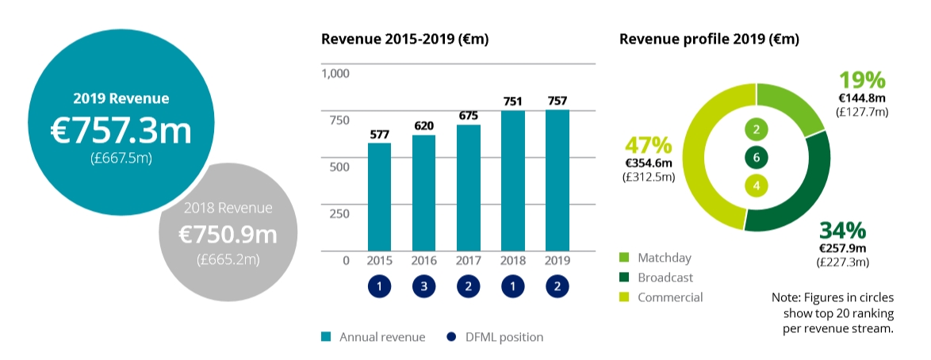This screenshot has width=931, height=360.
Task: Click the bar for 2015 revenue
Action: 379,197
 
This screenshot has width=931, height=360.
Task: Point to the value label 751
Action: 512,101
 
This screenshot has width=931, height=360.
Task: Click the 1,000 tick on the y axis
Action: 335,74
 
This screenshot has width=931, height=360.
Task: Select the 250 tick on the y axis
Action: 338,213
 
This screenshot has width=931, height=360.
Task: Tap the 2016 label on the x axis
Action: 423,261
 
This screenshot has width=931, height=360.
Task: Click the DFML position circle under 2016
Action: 423,286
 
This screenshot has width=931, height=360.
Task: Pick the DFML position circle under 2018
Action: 512,286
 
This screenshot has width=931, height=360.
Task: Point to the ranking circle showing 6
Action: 757,158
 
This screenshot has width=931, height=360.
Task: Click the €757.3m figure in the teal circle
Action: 121,130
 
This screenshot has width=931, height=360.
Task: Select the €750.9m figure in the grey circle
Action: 228,236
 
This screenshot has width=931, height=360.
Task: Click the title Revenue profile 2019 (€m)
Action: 709,39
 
